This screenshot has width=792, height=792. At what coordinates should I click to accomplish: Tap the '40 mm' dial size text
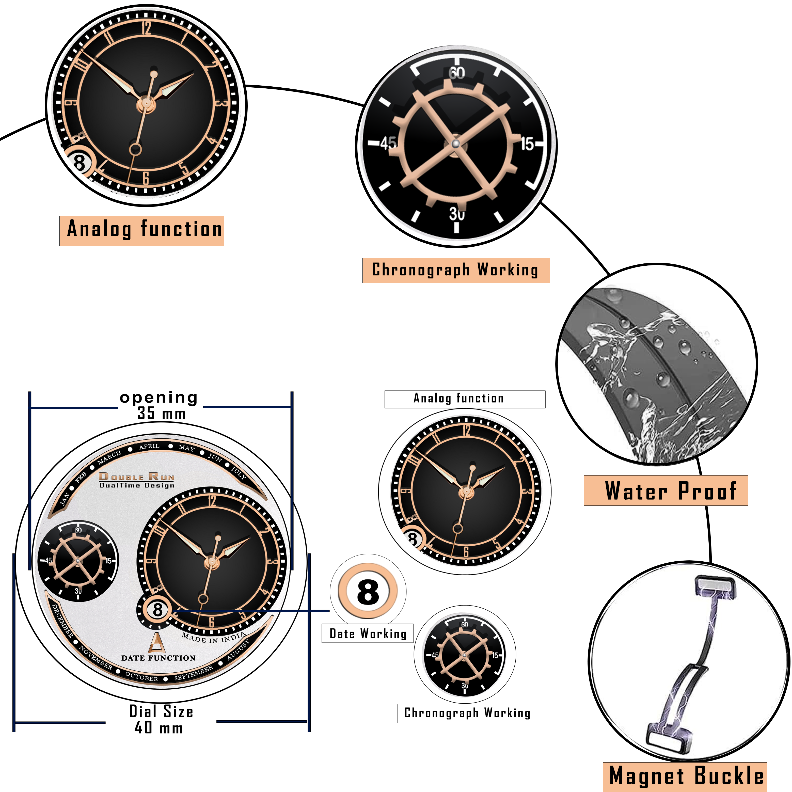[x=159, y=728]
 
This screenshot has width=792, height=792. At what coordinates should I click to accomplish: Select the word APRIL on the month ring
[x=149, y=447]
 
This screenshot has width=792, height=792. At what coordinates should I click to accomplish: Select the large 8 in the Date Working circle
[x=368, y=592]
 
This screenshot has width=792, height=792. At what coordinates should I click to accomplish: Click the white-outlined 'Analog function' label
[x=465, y=399]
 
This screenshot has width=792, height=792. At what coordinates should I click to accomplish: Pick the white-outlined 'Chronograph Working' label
[x=467, y=713]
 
